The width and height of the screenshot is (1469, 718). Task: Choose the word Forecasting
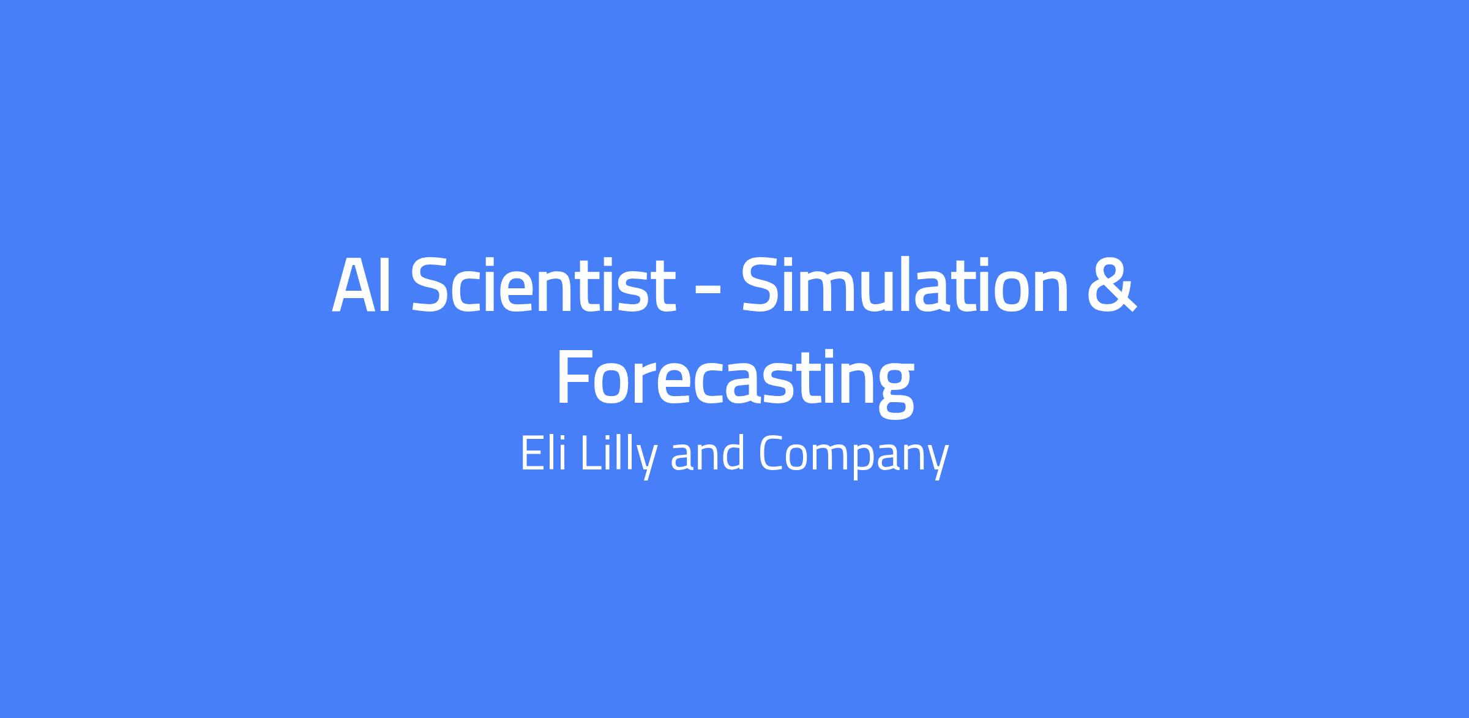(x=734, y=380)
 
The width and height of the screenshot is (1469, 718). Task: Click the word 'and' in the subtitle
(x=708, y=454)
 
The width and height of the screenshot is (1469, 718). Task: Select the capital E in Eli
(x=531, y=453)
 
